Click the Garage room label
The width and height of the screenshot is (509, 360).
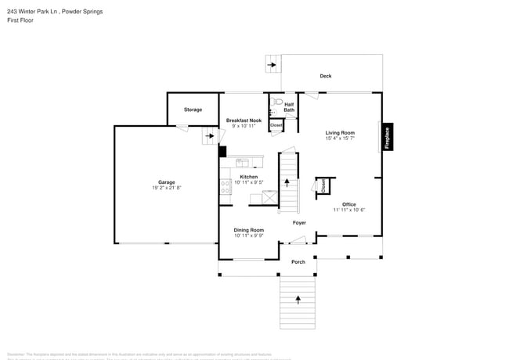[167, 182]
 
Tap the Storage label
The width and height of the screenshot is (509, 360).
[193, 110]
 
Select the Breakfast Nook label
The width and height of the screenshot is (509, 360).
[244, 121]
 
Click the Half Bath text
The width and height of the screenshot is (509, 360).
[289, 107]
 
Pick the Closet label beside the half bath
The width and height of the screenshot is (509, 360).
[276, 125]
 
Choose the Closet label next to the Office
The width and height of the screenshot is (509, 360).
[323, 185]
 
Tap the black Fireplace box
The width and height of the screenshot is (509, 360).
[386, 137]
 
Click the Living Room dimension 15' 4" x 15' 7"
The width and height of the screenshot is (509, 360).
[340, 139]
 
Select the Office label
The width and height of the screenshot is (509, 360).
[348, 204]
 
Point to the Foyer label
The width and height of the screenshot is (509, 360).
[299, 223]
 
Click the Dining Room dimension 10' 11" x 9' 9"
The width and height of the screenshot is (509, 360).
[249, 235]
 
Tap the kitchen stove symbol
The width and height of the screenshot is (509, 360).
[225, 186]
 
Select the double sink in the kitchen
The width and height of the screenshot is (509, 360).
[243, 163]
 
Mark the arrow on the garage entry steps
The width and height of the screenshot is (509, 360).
[209, 136]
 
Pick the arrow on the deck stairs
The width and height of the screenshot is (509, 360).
[272, 64]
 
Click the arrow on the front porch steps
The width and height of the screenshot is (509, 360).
[298, 300]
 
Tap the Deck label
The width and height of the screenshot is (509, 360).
[325, 76]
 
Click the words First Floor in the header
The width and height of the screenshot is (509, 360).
[20, 20]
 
